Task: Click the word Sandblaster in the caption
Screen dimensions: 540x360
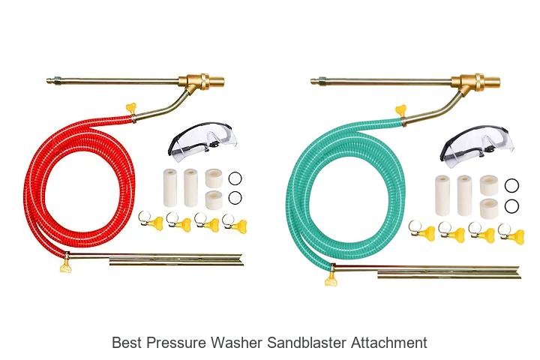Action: tap(307, 343)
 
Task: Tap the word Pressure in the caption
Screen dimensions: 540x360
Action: tap(177, 343)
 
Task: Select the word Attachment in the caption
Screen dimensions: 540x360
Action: tap(389, 343)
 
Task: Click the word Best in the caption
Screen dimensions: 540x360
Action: tap(127, 343)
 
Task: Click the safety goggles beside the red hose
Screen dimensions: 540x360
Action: tap(202, 141)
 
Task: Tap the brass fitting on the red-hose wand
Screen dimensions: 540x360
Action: tap(202, 82)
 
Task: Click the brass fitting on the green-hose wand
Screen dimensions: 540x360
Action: tap(475, 82)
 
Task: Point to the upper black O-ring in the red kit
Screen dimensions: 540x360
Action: tap(235, 178)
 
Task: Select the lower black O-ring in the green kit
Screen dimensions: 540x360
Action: tap(511, 206)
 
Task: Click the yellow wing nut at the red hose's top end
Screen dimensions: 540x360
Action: tap(131, 108)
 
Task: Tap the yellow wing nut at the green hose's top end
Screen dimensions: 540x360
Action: tap(400, 110)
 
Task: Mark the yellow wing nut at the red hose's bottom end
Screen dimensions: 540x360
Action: tap(65, 267)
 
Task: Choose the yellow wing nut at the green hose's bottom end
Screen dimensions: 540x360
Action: tap(331, 280)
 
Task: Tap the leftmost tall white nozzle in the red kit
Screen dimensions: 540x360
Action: tap(170, 187)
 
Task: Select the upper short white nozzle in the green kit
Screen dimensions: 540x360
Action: tap(489, 184)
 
